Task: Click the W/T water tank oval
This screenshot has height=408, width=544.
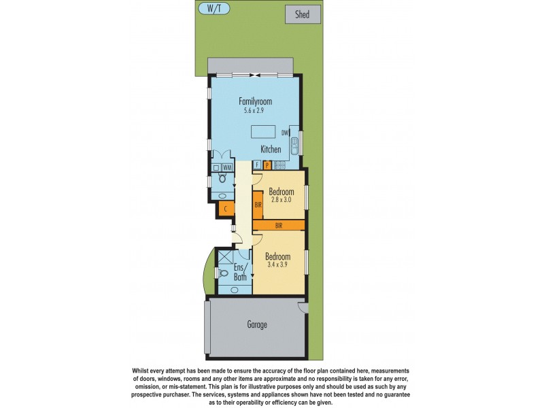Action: (214, 8)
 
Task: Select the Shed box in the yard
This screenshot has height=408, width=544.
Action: (303, 14)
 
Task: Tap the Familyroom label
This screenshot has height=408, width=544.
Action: (255, 101)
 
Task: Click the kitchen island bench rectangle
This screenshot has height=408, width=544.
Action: (264, 131)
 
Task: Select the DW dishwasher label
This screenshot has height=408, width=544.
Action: (286, 133)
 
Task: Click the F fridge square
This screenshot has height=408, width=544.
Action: (257, 165)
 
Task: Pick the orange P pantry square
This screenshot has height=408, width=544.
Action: (267, 165)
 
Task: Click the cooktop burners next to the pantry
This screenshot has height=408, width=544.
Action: (281, 165)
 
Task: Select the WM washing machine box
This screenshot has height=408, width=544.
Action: (227, 167)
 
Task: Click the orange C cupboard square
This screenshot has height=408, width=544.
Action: (225, 209)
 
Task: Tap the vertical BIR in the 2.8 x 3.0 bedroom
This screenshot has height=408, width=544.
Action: (258, 203)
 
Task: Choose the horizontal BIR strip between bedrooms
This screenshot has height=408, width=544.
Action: (279, 224)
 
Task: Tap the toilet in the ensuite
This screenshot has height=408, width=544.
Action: (224, 273)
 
